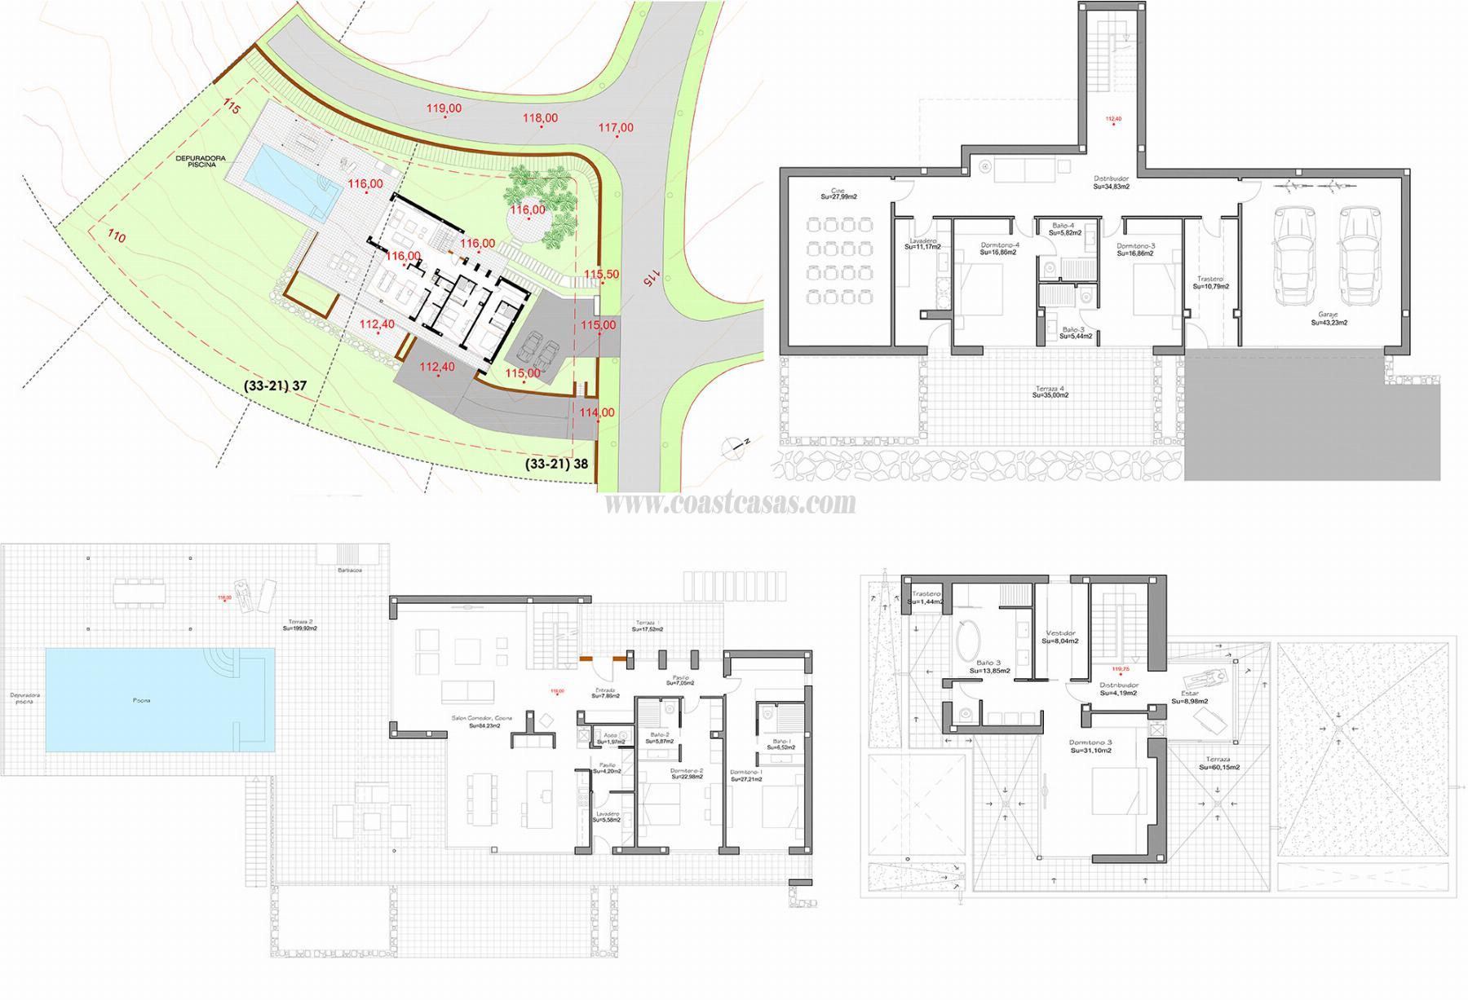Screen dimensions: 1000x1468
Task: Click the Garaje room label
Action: [x=1329, y=318]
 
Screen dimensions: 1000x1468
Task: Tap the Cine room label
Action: [x=830, y=192]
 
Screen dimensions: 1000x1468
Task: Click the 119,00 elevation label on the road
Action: [x=444, y=108]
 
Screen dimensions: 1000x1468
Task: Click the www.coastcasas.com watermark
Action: [x=730, y=504]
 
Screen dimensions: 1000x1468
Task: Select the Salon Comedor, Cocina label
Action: [x=481, y=720]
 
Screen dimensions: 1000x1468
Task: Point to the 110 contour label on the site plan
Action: [x=117, y=237]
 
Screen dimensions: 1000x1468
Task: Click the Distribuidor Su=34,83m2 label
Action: [x=1111, y=182]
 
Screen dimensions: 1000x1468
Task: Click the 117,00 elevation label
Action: [x=616, y=127]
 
